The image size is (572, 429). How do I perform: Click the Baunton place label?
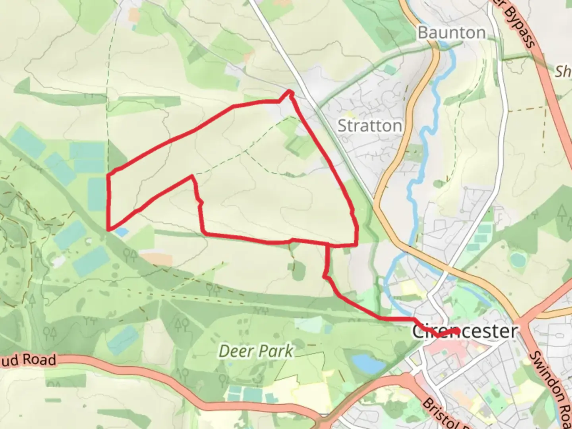click(x=452, y=33)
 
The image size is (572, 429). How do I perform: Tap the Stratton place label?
click(x=369, y=126)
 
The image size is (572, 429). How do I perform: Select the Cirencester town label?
click(x=465, y=331)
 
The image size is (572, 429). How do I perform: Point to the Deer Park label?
click(x=256, y=351)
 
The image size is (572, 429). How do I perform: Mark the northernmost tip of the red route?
click(x=290, y=92)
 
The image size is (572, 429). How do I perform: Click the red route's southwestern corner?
click(x=108, y=229)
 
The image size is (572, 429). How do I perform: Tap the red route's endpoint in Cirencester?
click(x=458, y=330)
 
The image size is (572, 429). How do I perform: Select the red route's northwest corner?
click(x=110, y=174)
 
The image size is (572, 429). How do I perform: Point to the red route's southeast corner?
click(x=356, y=245)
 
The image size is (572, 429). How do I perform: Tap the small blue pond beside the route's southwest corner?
click(x=122, y=232)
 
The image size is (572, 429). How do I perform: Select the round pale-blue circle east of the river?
click(x=518, y=259)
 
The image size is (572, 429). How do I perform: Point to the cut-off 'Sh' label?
click(x=563, y=71)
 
